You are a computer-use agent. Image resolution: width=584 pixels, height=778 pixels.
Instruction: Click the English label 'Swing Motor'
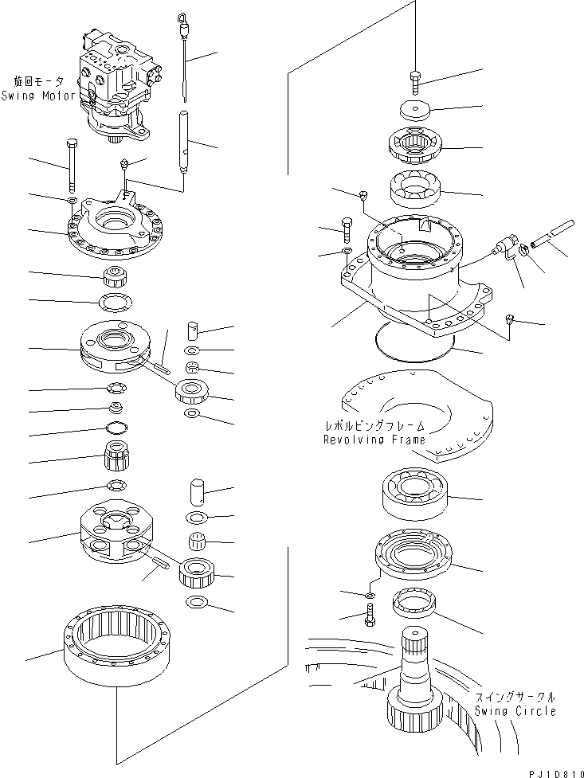[x=38, y=96]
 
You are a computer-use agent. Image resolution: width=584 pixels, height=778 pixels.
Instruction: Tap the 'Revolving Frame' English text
[x=374, y=440]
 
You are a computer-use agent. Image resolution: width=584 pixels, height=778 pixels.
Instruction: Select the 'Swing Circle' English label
[x=515, y=711]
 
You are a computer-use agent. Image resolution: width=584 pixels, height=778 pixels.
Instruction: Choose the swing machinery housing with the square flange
[x=414, y=271]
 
